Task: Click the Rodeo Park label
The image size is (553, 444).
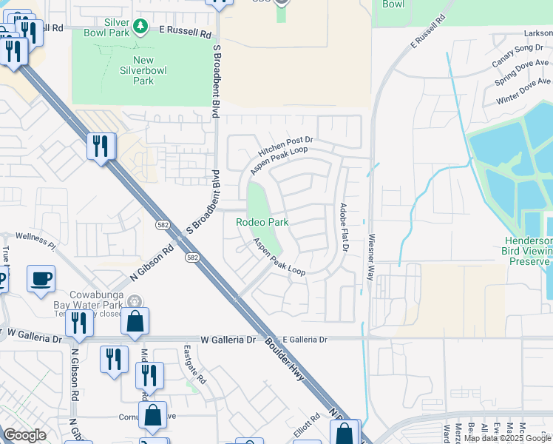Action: tap(262, 222)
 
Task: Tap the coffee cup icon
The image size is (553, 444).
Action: tap(41, 279)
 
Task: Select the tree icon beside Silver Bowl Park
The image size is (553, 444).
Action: tap(140, 27)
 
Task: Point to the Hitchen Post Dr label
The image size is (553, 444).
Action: tap(286, 146)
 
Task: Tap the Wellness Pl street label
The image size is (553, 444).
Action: tap(35, 240)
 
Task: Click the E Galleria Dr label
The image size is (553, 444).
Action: tap(303, 340)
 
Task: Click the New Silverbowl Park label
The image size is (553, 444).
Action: tap(134, 70)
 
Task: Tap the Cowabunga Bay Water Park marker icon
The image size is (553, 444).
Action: tap(135, 300)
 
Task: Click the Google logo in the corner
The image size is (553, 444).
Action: tap(24, 435)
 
